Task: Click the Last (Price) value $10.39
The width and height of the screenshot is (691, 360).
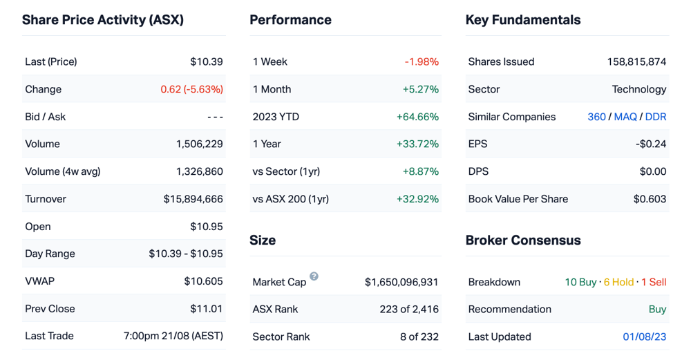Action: [206, 61]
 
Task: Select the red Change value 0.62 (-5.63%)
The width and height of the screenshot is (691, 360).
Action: [191, 89]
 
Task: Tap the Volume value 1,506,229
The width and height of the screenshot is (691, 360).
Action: [199, 144]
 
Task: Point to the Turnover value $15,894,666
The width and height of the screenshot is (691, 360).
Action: [193, 199]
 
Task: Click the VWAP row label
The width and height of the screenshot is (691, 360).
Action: [39, 281]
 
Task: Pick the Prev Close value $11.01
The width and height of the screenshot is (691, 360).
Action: [206, 309]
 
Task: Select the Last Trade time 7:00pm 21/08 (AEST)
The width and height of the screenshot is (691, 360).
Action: [173, 337]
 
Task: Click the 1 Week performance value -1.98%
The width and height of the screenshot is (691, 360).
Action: [422, 61]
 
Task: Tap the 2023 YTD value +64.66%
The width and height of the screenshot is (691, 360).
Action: [417, 117]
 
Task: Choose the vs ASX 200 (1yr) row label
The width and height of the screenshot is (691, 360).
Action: [290, 199]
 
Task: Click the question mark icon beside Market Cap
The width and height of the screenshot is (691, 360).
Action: [314, 276]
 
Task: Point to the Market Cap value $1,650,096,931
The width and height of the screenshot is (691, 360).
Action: [401, 282]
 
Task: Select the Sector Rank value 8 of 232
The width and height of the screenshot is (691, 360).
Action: [419, 337]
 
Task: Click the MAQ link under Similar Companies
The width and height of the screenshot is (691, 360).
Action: [625, 117]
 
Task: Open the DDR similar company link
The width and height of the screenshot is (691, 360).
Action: [656, 117]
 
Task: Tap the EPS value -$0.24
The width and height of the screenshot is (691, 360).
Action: [650, 144]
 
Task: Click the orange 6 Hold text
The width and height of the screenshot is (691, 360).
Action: [618, 282]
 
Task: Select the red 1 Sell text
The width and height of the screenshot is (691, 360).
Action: [654, 282]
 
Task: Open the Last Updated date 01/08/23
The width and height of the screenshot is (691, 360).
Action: [644, 337]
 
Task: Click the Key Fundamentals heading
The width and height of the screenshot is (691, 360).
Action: [523, 20]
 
